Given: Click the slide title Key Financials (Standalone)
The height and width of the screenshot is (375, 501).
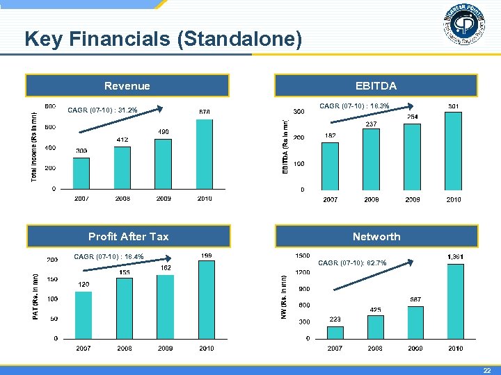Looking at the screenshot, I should pos(163,40).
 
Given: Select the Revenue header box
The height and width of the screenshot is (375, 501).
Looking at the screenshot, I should pos(127,86).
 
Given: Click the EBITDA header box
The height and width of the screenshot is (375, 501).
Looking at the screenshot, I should pos(376,86).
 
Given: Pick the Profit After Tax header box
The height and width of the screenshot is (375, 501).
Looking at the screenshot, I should pos(128,237).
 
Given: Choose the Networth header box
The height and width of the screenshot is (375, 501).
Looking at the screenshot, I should pos(376,237).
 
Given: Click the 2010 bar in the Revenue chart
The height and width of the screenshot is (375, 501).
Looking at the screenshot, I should pos(204,153).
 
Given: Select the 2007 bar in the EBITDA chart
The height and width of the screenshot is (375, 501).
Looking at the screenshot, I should pos(330,166).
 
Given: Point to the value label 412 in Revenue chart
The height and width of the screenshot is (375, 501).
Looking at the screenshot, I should pos(122,140).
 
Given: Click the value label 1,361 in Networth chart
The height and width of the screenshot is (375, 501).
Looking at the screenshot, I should pos(455,257).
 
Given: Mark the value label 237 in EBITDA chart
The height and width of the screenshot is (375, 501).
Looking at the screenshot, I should pos(371,124).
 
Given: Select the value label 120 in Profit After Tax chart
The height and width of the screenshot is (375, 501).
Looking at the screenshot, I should pos(83,284).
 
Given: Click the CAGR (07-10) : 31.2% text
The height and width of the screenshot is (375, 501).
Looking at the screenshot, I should pos(102,110).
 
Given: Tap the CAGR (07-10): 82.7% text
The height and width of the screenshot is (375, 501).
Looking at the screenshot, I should pos(352,262).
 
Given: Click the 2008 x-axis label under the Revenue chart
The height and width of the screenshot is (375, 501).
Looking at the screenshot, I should pos(122,199).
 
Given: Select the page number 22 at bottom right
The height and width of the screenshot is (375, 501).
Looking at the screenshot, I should pos(487,370).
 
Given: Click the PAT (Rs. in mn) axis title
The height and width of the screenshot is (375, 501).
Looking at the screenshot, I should pos(35,296).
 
